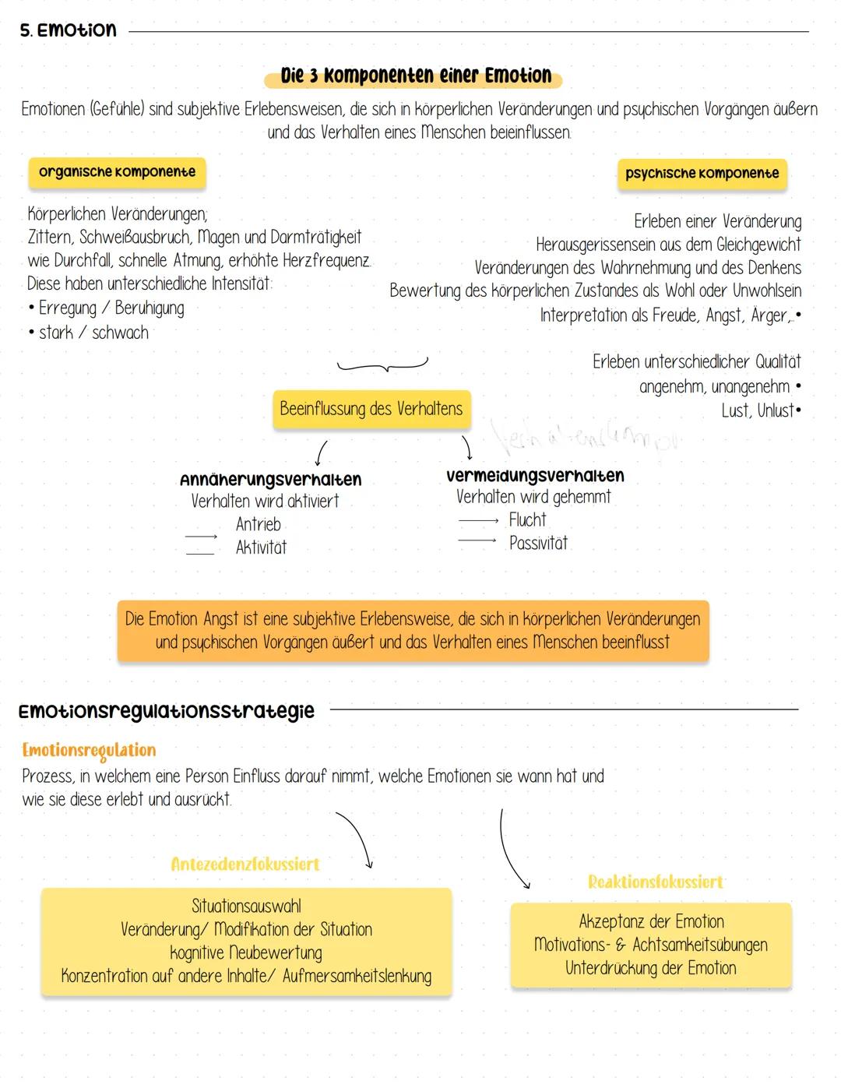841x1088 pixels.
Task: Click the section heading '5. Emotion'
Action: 69,30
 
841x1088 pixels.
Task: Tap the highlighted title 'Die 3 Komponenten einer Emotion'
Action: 416,76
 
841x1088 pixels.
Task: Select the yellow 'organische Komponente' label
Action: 117,172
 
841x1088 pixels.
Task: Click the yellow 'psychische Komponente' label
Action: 702,174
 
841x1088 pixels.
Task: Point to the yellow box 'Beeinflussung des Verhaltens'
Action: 371,409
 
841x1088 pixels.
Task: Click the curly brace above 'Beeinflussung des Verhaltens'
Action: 382,365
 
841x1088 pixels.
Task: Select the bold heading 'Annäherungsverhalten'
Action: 270,480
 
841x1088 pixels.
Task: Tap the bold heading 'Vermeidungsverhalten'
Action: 535,476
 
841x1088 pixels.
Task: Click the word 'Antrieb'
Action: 258,525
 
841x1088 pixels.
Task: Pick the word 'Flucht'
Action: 527,519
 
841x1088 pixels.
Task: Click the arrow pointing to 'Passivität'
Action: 477,540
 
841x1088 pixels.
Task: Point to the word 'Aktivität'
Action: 261,548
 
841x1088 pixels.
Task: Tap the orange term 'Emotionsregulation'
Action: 89,751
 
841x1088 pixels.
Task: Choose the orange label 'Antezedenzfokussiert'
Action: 245,864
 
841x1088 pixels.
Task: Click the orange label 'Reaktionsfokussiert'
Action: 656,882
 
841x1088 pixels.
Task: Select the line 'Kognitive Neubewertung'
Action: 246,952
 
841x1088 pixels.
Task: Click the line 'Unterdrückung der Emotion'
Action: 651,968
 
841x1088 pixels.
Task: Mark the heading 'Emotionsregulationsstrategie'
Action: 166,711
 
